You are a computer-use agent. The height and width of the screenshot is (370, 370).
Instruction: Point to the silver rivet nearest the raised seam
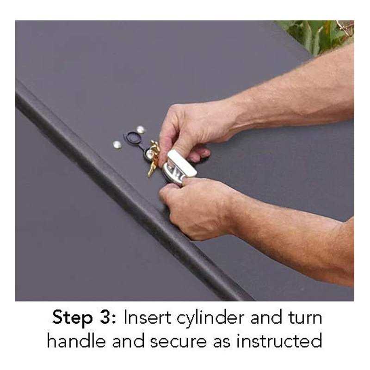pyautogui.click(x=117, y=145)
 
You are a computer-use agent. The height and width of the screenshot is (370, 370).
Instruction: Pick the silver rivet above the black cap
pyautogui.click(x=141, y=130)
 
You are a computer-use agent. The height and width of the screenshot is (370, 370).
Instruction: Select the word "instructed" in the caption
pyautogui.click(x=279, y=341)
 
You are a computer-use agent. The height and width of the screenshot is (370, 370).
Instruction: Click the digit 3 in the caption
pyautogui.click(x=106, y=318)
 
